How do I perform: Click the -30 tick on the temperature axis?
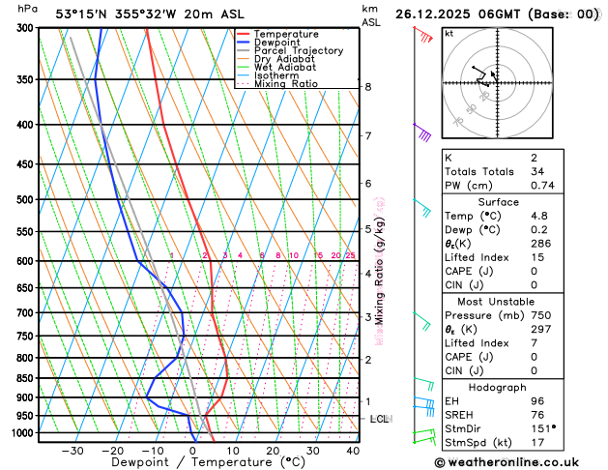72,451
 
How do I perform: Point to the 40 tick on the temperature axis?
353,451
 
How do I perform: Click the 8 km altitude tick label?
367,87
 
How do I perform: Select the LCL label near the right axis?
379,419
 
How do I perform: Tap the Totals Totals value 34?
537,171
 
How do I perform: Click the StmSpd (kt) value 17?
537,444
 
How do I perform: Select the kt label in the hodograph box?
449,34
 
